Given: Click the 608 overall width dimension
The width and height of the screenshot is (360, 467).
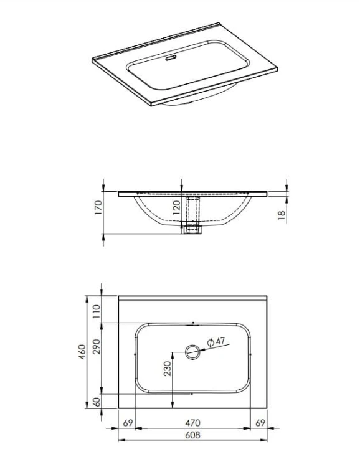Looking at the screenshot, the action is [x=193, y=435].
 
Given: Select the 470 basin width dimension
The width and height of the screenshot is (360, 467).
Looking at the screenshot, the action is [x=193, y=423].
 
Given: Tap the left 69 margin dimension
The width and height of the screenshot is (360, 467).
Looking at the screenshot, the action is [x=128, y=423].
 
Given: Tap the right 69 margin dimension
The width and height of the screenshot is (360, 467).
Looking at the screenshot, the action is [x=260, y=423].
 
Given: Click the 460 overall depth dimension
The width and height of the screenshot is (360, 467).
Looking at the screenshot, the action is [x=82, y=352].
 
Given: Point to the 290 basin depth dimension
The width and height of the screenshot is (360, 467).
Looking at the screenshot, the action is [x=97, y=346].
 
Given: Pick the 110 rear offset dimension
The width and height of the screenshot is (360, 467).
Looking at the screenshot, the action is [x=97, y=311].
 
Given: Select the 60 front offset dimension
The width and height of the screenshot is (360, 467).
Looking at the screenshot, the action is [x=97, y=402].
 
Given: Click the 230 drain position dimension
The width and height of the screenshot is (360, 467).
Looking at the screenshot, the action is [x=168, y=369].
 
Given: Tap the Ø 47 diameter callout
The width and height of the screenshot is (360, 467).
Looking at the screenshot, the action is [x=216, y=342].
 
